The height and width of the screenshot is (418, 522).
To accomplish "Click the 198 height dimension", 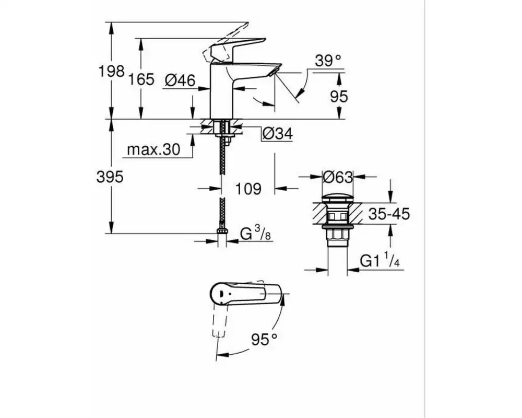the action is coord(112,71).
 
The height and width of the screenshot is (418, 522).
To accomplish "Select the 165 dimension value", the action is coord(141,79).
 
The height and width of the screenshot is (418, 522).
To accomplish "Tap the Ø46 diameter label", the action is coord(180,80).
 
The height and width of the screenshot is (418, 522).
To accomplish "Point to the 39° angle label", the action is coord(328,61).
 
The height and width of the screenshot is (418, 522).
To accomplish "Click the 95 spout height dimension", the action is coord(339,96).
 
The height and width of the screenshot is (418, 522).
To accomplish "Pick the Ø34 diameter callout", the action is coord(278,134).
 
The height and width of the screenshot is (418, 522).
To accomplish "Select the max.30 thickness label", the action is coord(153,149).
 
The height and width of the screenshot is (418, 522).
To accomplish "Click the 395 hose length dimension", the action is coord(110,177).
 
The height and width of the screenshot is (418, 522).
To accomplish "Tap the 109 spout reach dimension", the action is coord(248,189).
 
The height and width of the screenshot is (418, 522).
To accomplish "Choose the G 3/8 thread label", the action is coord(256,233).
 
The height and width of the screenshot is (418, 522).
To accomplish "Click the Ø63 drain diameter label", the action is coord(337,177).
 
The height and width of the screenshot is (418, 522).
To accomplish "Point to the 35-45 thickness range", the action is coord(389,214).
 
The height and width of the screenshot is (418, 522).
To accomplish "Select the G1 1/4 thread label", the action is coord(380,260).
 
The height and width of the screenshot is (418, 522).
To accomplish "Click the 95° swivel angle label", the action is coord(264,339).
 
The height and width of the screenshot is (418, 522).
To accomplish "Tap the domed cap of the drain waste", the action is coord(337,198).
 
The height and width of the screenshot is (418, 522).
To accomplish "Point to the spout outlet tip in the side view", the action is coord(275,69).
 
